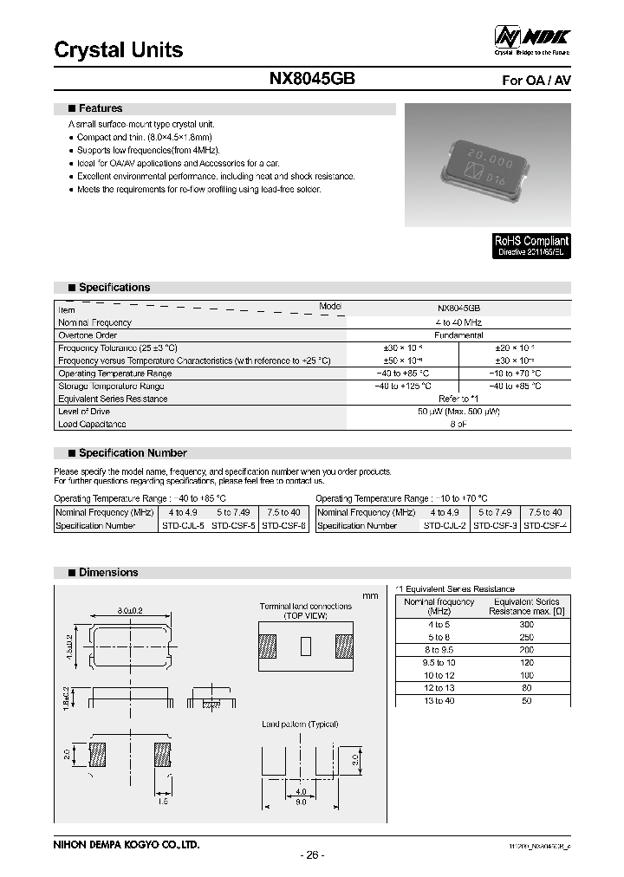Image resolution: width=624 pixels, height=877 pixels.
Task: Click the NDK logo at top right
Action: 532,38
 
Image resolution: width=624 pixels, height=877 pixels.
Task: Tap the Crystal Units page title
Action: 119,49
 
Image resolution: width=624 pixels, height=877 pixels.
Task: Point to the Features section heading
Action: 101,109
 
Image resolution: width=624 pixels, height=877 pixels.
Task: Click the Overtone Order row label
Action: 88,335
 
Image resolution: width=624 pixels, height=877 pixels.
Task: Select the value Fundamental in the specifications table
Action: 458,335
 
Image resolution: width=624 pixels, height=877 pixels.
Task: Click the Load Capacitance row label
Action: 92,424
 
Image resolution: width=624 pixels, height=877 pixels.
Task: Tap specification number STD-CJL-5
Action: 184,525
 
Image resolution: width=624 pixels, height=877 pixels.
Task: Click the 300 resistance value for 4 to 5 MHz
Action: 526,624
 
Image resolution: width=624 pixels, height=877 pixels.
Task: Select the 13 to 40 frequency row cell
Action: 439,700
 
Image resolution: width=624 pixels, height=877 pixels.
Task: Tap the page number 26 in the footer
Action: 312,854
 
